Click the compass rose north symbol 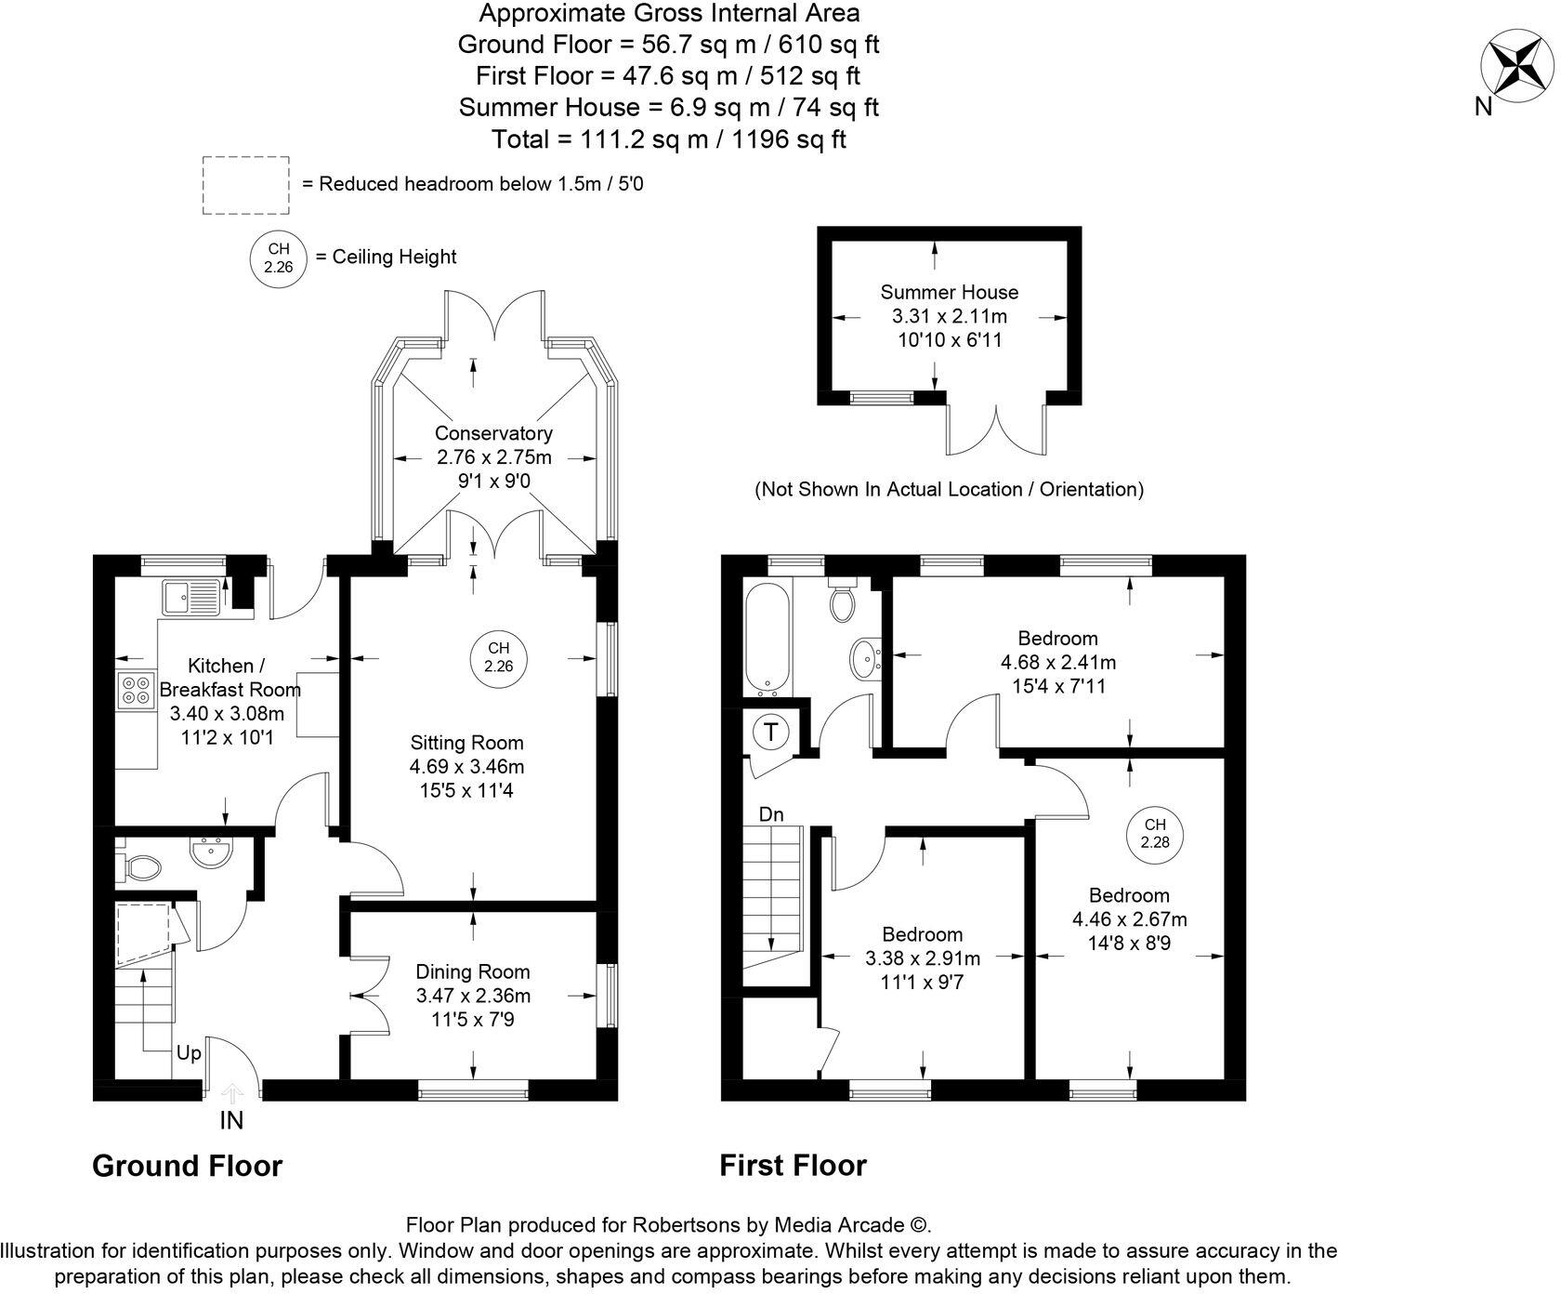pyautogui.click(x=1516, y=67)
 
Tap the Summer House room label pyautogui.click(x=949, y=292)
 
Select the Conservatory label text pyautogui.click(x=493, y=433)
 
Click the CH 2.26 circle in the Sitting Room pyautogui.click(x=499, y=657)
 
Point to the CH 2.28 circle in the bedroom pyautogui.click(x=1155, y=834)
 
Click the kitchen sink pyautogui.click(x=190, y=597)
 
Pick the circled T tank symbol pyautogui.click(x=770, y=733)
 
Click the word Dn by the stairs pyautogui.click(x=771, y=815)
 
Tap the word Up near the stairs pyautogui.click(x=189, y=1053)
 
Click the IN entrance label pyautogui.click(x=230, y=1121)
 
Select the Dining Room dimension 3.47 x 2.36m pyautogui.click(x=473, y=996)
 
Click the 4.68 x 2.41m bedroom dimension pyautogui.click(x=1057, y=663)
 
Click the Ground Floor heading pyautogui.click(x=187, y=1166)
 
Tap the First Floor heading pyautogui.click(x=793, y=1166)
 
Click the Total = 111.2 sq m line pyautogui.click(x=668, y=139)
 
